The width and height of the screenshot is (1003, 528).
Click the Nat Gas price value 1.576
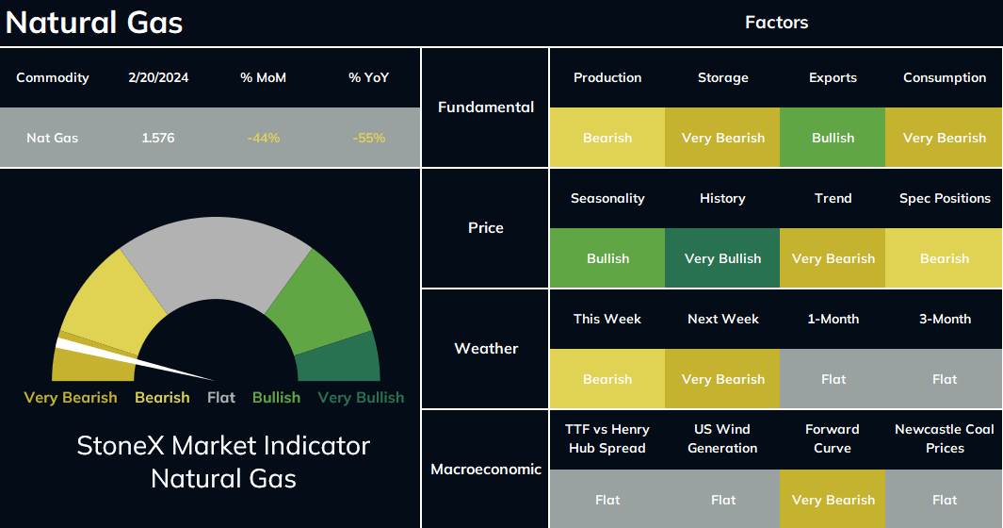coord(158,138)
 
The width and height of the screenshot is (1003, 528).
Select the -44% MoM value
coord(264,138)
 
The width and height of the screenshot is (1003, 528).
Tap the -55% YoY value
coord(369,138)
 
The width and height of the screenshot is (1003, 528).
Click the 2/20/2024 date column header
coord(158,77)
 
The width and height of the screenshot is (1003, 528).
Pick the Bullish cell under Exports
coord(833,138)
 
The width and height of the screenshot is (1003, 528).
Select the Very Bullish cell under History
coord(723,258)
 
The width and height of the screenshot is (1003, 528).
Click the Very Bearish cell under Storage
coord(723,138)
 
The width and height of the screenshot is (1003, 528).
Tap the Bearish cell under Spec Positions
coord(945,258)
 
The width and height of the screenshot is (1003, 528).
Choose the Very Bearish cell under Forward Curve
coord(833,500)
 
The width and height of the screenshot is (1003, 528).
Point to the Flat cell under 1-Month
coord(833,379)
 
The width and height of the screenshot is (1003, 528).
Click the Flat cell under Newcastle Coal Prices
coord(945,500)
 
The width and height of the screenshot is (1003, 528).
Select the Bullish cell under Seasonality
coord(607,258)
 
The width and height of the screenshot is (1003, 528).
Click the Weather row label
coord(486,349)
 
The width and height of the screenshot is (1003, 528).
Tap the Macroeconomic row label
coord(486,469)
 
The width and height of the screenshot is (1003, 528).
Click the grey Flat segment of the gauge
coord(217,257)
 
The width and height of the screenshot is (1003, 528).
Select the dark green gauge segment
coord(340,360)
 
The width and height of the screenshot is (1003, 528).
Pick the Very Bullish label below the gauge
coord(361,397)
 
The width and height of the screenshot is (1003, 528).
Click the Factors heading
coord(777,23)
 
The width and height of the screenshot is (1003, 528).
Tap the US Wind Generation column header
coord(723,438)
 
